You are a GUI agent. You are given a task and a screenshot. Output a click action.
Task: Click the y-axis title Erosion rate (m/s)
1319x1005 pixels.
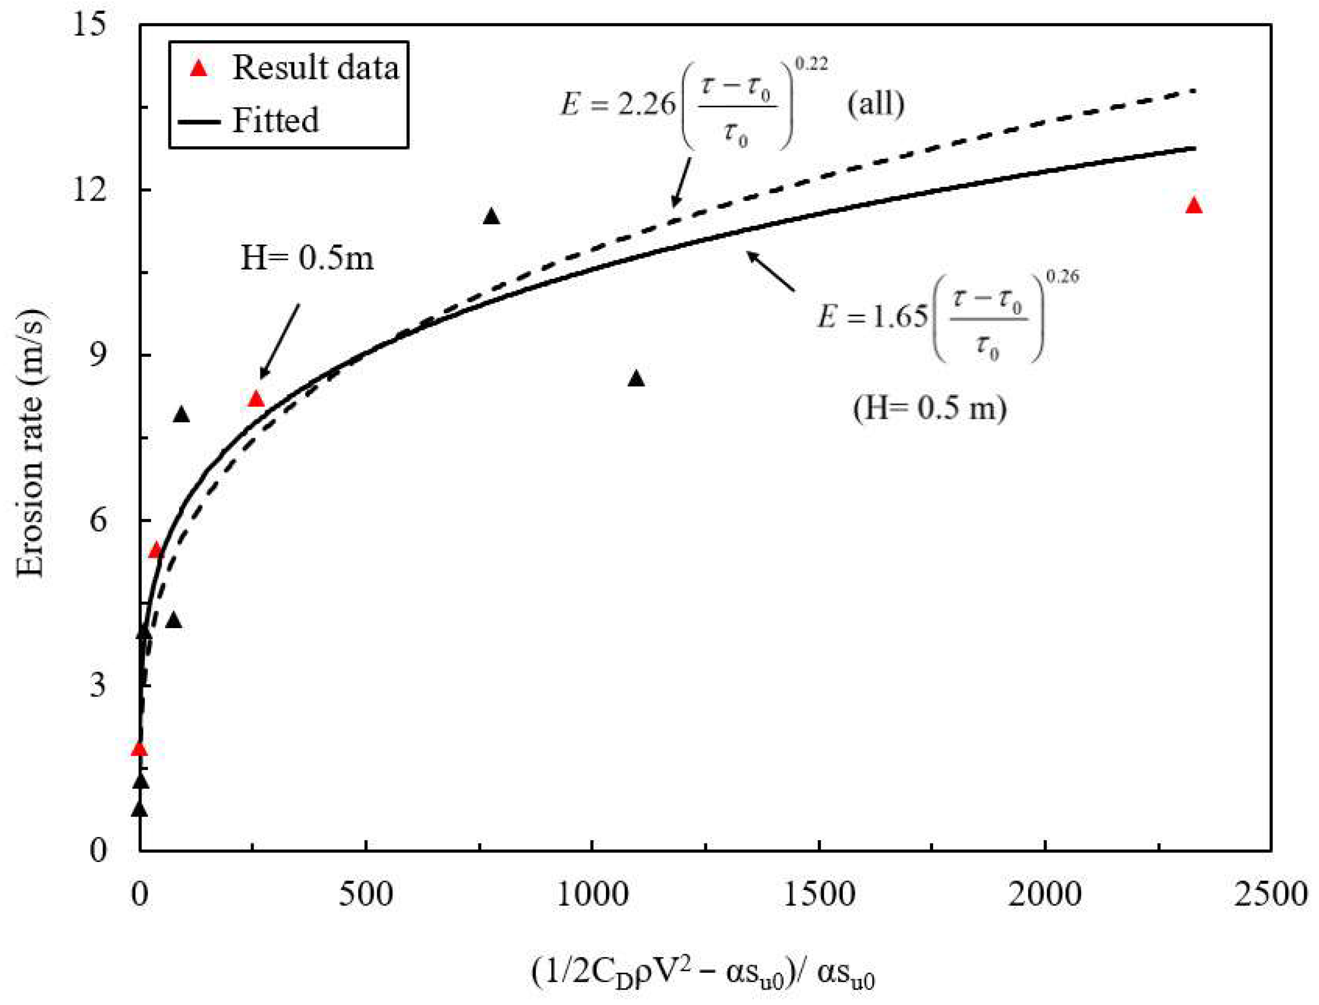point(31,443)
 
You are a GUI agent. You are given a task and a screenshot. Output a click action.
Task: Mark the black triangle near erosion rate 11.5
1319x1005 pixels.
point(492,217)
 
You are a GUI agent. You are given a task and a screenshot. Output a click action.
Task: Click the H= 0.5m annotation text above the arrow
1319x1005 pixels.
point(307,259)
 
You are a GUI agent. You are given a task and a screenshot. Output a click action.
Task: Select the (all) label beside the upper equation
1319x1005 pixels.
point(875,104)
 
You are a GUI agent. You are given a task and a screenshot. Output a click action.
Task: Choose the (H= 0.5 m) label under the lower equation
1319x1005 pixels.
point(930,409)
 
